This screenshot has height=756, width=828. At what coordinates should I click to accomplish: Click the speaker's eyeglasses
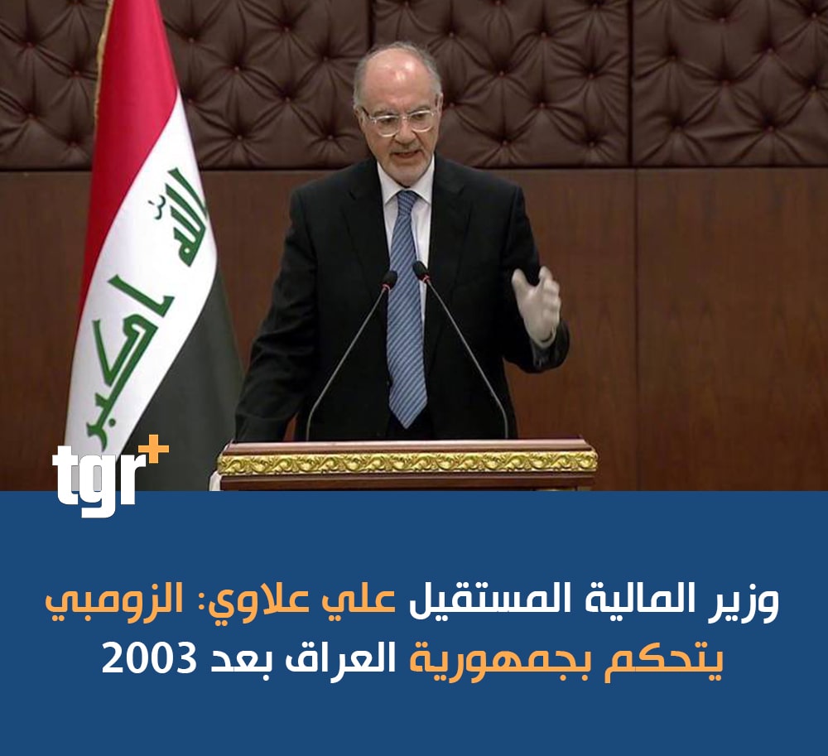pyautogui.click(x=398, y=119)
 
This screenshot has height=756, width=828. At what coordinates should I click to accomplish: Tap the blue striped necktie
pyautogui.click(x=406, y=306)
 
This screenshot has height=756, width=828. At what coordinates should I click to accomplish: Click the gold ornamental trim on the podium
pyautogui.click(x=407, y=463)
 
